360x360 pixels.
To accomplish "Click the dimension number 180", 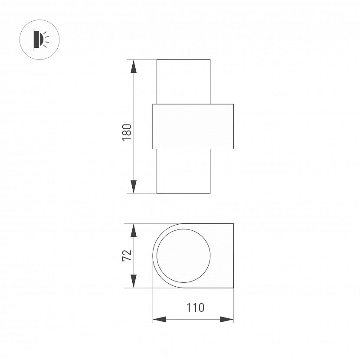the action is coord(127,132).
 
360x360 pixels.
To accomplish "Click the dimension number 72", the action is coord(127,255).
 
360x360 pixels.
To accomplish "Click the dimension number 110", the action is coord(195,308).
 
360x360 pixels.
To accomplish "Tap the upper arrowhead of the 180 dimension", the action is coord(134,66).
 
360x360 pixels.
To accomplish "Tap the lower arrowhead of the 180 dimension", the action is coord(134,187).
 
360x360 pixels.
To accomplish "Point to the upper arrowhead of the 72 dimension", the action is coord(134,230).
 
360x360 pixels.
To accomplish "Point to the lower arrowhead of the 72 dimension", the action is coord(134,281).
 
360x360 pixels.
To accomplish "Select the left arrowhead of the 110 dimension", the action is coord(160,319).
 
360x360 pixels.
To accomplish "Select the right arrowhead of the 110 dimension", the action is coord(227,319).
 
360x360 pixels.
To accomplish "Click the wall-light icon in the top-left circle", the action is coord(41,40).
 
